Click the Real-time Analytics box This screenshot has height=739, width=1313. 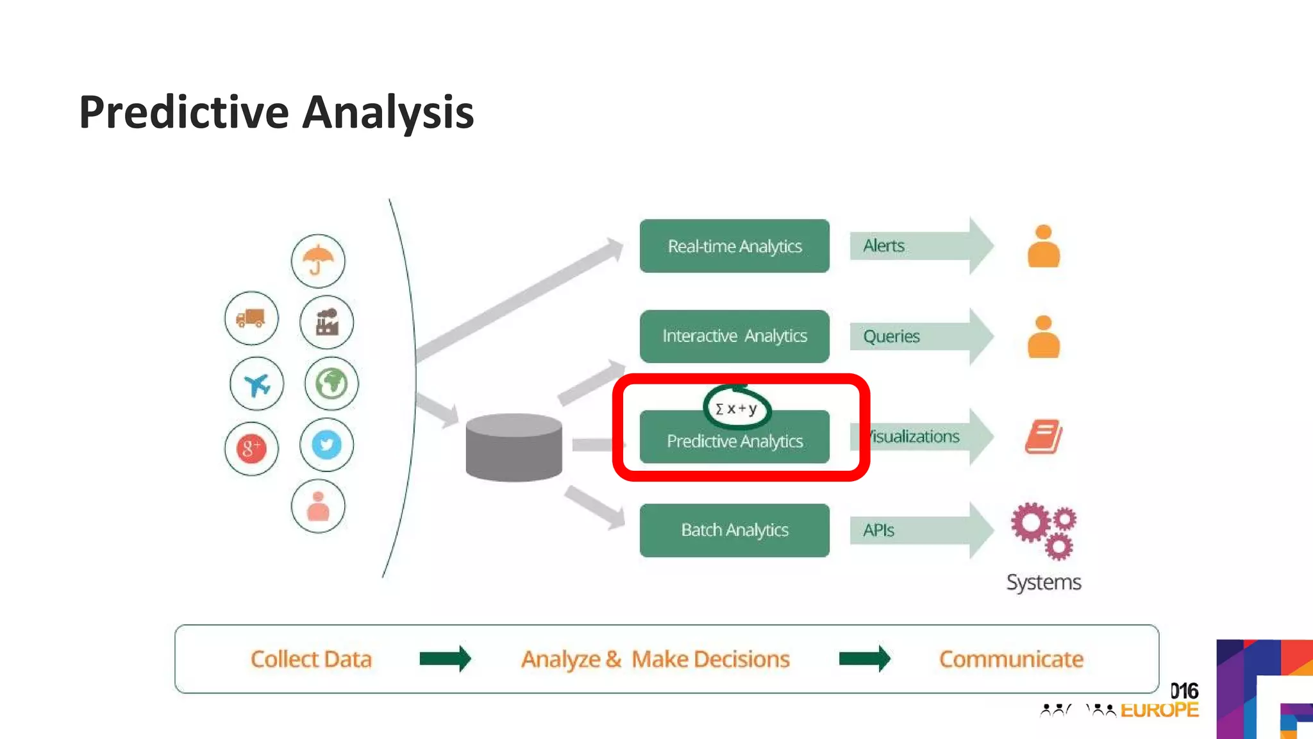[x=734, y=246]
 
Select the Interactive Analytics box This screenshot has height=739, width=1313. [x=734, y=336]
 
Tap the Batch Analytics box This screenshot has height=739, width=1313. [x=734, y=531]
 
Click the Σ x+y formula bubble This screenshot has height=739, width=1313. [x=737, y=409]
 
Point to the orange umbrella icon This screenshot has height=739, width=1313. [x=318, y=260]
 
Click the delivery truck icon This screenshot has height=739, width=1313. [x=251, y=318]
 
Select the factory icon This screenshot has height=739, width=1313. [x=327, y=322]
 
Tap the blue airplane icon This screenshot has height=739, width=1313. [x=256, y=385]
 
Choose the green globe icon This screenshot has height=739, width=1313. [x=331, y=384]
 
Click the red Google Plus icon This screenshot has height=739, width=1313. [x=251, y=448]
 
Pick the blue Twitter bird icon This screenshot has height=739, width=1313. [x=326, y=445]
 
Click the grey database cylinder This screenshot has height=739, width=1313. [x=514, y=448]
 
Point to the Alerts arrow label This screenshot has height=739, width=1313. [x=883, y=246]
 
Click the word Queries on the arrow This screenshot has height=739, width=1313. [x=891, y=337]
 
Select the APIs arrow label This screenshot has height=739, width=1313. [x=878, y=531]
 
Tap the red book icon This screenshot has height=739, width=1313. [x=1043, y=437]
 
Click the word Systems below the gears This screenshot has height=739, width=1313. [x=1043, y=582]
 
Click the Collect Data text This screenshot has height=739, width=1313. [x=311, y=659]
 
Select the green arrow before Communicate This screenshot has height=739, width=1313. [x=864, y=659]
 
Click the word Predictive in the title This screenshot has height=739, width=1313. [x=184, y=113]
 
